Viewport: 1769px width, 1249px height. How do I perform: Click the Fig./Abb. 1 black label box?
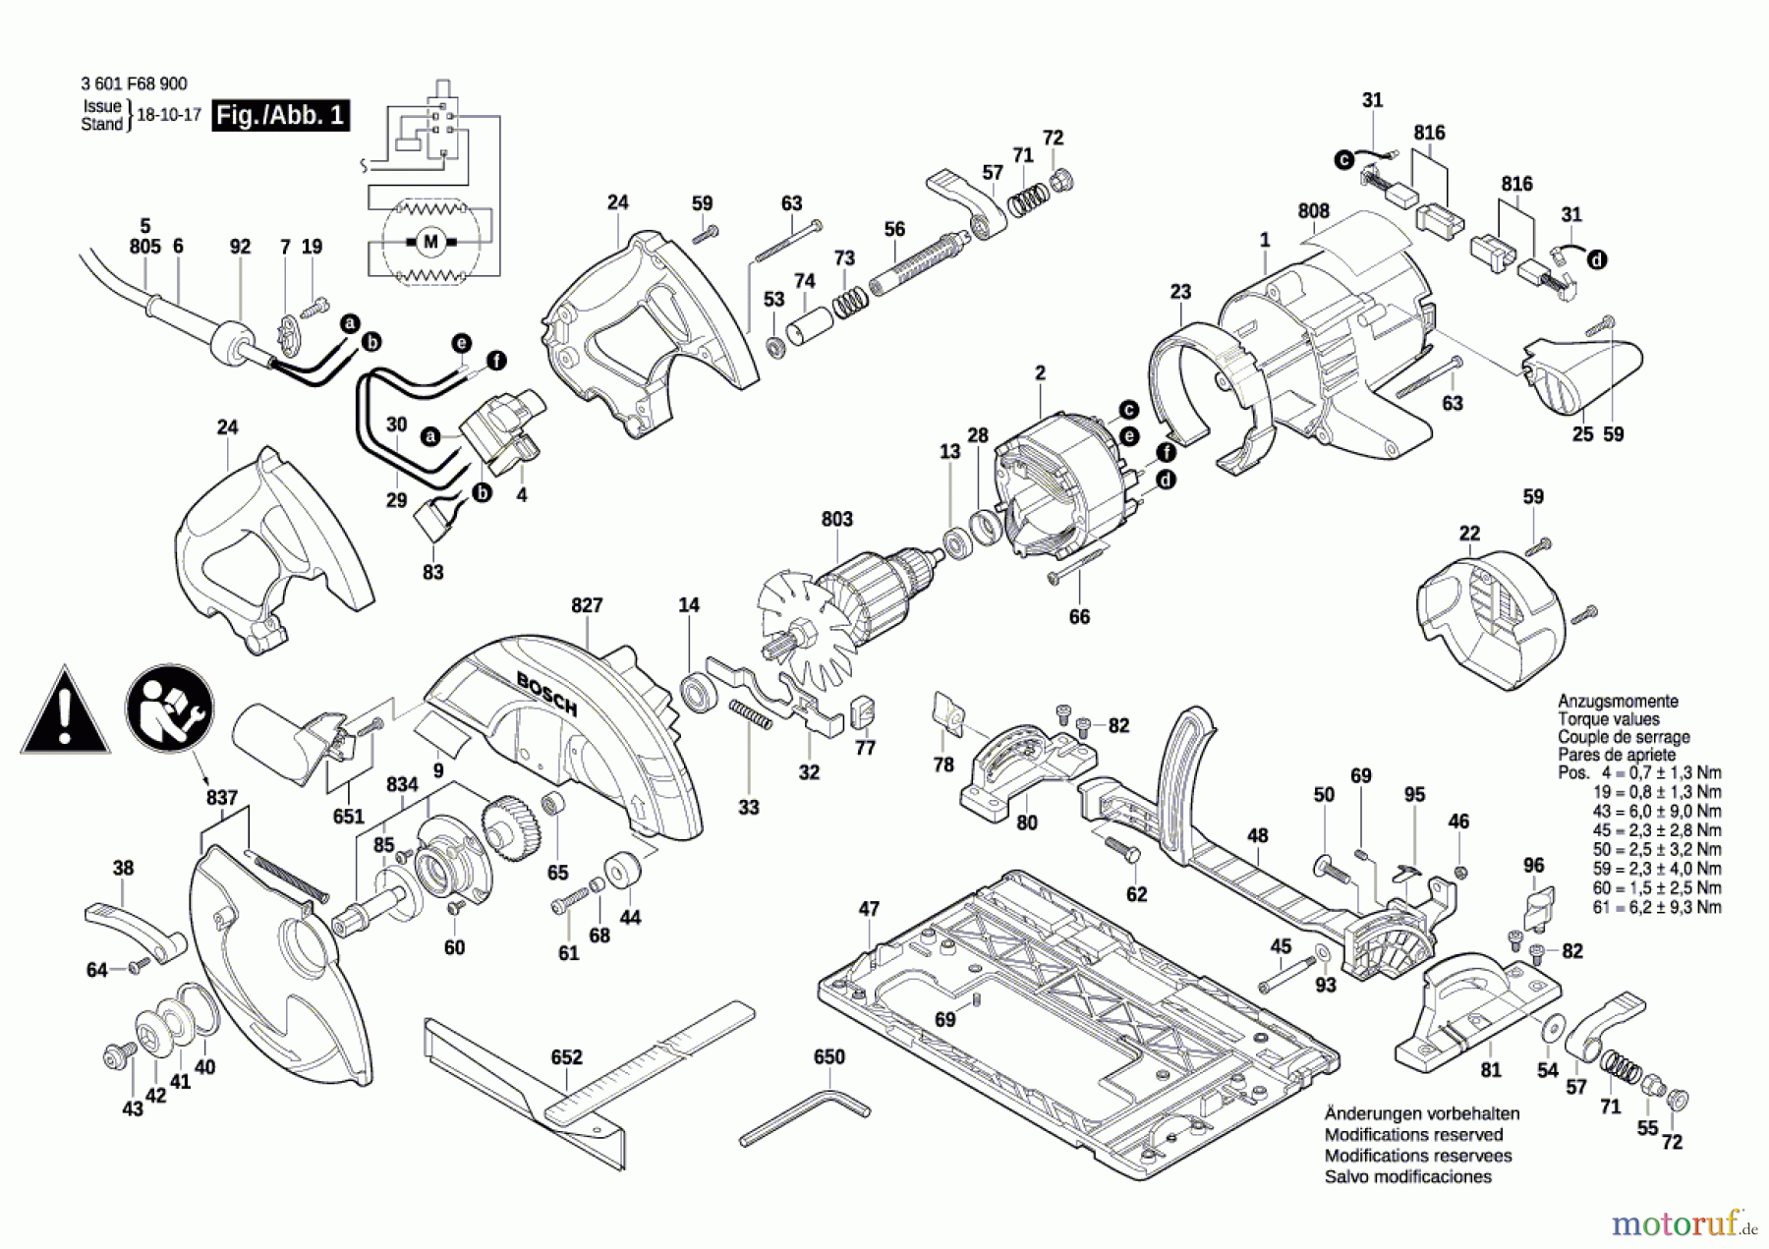pos(281,115)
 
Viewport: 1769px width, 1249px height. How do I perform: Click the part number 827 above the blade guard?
pos(587,605)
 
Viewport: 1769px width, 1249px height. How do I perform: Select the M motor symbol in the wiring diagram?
pos(429,242)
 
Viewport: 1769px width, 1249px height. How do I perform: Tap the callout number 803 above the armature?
pos(836,519)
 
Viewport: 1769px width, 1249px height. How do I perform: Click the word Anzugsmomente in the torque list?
pos(1618,701)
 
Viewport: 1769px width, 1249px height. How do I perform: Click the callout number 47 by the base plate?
pos(869,909)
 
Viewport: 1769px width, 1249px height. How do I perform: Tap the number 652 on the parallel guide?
pos(566,1057)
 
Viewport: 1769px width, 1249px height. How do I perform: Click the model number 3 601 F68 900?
pos(134,85)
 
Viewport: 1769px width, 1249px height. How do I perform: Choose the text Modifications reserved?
pos(1413,1135)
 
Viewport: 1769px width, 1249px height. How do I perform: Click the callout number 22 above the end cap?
pos(1469,534)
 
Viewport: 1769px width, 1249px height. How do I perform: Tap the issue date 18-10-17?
pos(168,115)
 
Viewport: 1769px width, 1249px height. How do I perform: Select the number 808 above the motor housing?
pos(1313,211)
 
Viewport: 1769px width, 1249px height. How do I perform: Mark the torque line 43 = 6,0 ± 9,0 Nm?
pos(1657,812)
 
